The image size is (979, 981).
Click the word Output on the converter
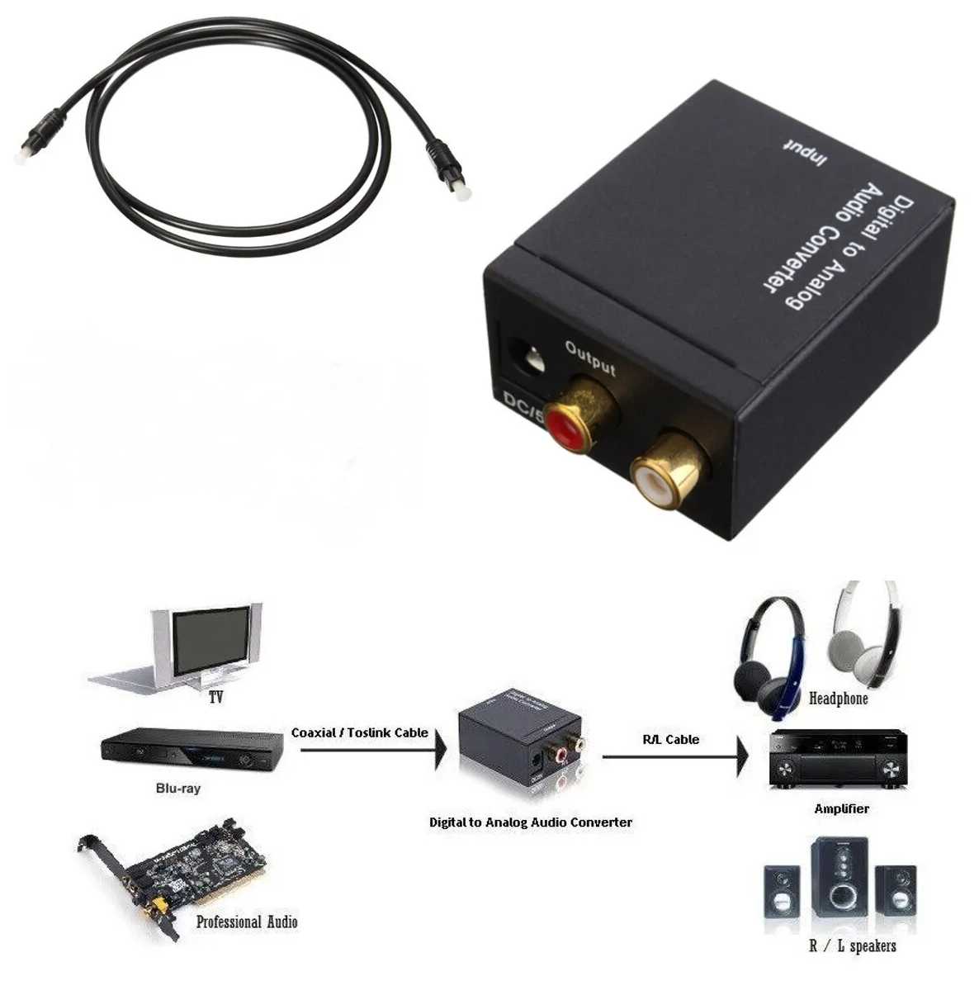coord(590,357)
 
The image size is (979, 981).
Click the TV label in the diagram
coord(215,698)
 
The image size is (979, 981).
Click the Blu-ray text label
coord(178,789)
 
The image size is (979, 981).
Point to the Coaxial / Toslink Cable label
coord(360,732)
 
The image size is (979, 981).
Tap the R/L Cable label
coord(670,739)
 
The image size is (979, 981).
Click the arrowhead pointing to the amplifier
coord(742,756)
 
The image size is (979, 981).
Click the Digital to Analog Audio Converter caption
coord(531,822)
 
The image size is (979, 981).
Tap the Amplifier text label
coord(841,808)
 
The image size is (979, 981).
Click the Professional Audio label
coord(247,922)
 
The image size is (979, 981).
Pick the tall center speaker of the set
coord(839,879)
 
